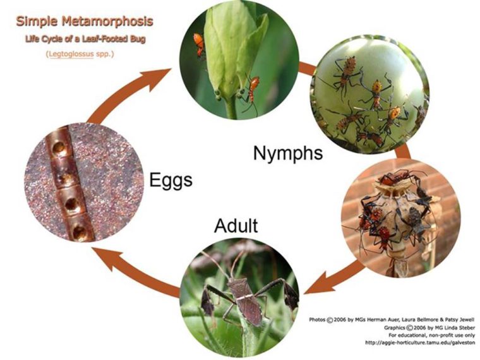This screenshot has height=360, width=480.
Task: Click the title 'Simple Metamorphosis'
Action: coord(84,21)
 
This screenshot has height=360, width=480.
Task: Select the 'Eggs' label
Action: coord(171,181)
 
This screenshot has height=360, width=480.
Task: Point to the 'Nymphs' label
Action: coord(288,153)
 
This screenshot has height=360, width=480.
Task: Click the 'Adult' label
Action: coord(236,225)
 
